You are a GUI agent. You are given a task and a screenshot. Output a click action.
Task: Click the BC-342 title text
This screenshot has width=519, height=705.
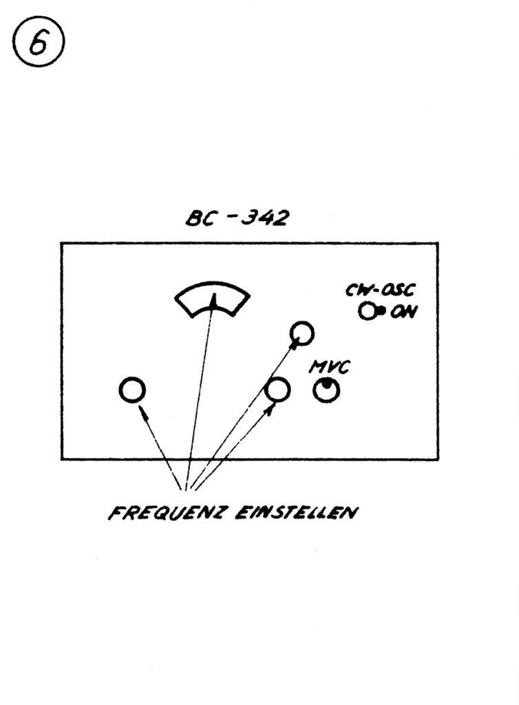pos(237,217)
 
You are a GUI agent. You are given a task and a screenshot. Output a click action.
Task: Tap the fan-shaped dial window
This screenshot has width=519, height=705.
pos(212,302)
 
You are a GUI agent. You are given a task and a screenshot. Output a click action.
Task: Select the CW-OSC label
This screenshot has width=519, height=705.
pos(379,291)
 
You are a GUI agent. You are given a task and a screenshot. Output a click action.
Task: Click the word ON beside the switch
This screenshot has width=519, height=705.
pos(403,312)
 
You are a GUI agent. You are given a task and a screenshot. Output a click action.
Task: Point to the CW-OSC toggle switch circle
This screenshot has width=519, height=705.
pos(368,311)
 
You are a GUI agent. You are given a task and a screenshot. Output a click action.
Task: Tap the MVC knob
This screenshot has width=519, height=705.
pos(326,390)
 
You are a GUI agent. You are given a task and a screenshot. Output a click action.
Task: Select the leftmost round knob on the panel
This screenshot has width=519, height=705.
pos(131,390)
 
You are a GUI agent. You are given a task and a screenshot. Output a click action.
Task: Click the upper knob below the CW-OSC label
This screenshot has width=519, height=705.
pos(301,333)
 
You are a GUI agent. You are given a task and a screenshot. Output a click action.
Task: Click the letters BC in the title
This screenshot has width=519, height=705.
pos(200,218)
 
